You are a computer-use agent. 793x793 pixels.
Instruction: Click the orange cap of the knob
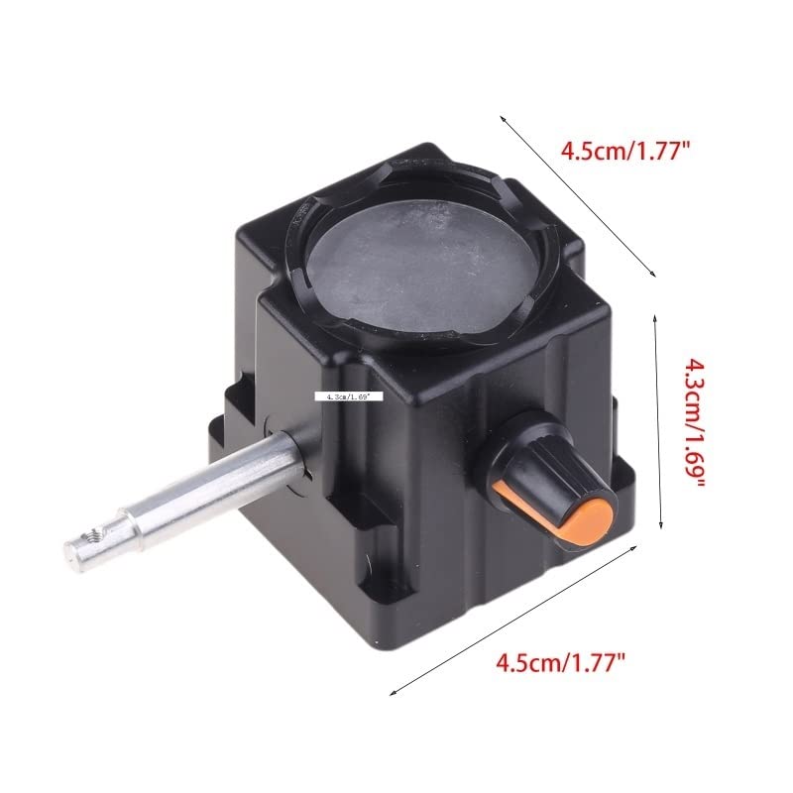click(589, 518)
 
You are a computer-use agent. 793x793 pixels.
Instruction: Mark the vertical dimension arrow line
click(658, 426)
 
